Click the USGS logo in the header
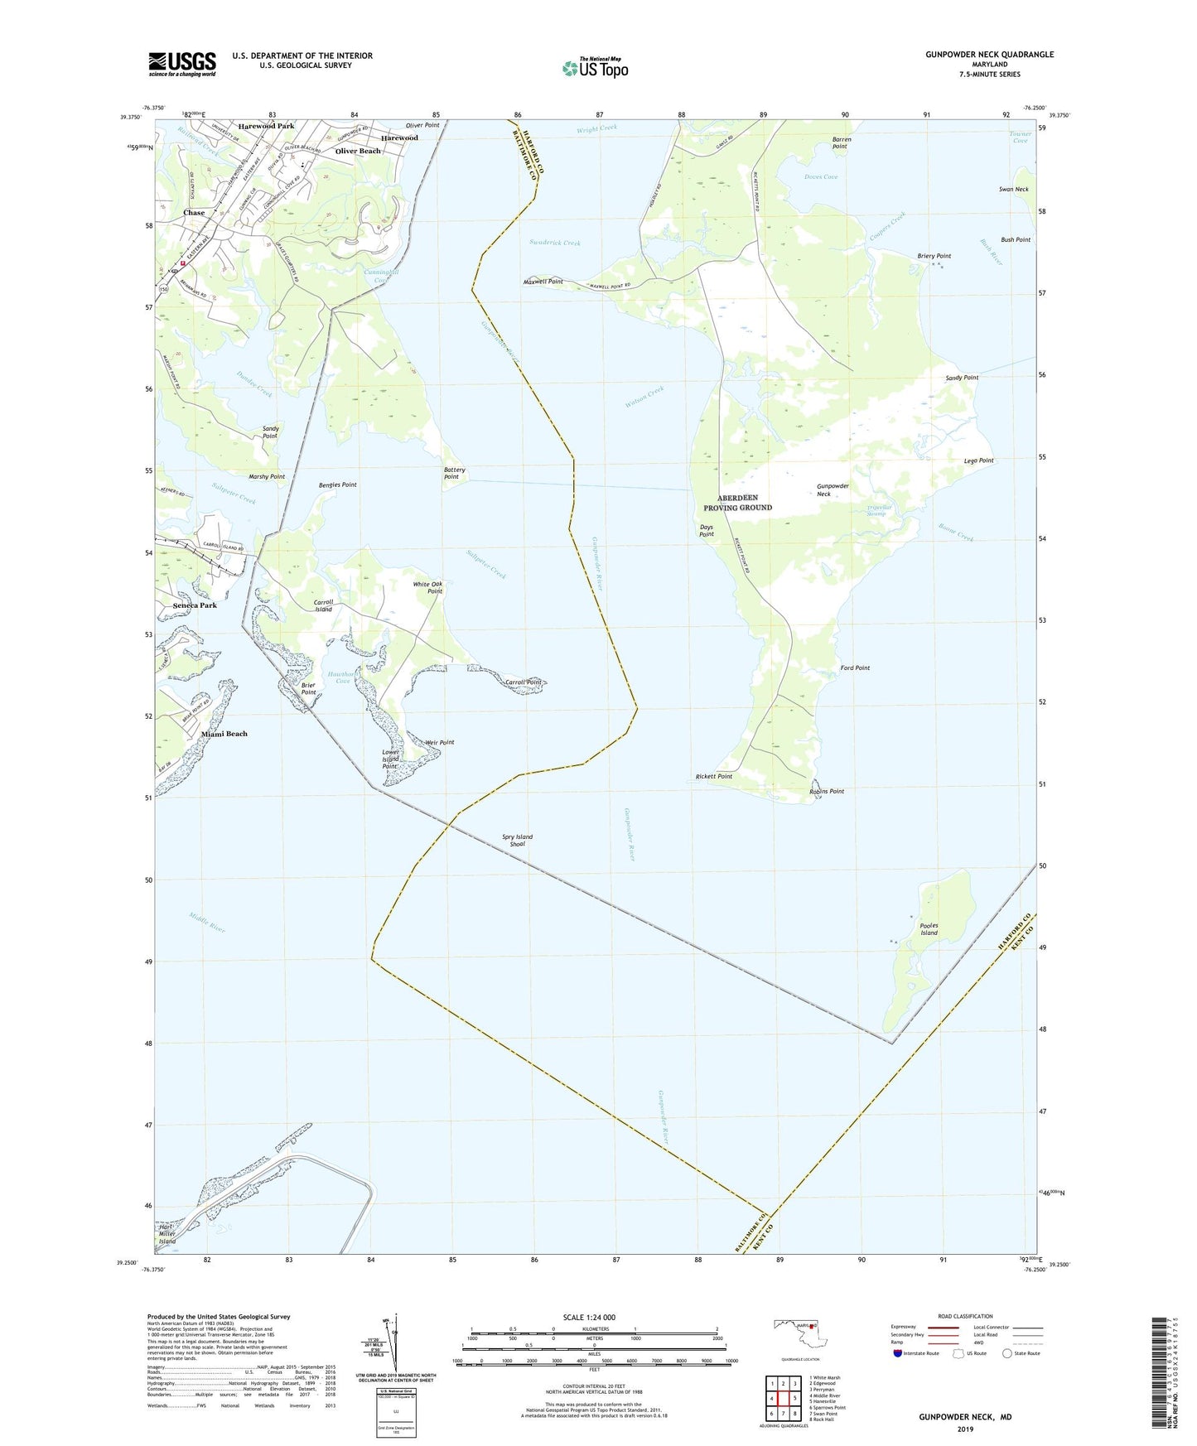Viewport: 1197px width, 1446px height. [x=182, y=64]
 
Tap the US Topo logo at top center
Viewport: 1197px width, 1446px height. [x=595, y=68]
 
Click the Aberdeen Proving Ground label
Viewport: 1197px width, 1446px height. [x=737, y=503]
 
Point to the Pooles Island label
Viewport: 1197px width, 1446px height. [x=929, y=929]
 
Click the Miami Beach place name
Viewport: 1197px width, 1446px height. [x=224, y=734]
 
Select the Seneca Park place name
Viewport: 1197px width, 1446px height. [x=195, y=605]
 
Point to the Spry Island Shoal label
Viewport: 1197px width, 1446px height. [x=517, y=840]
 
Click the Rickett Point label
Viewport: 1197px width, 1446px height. [x=713, y=776]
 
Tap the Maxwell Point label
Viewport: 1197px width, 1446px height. [x=543, y=282]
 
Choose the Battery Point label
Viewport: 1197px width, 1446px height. [x=454, y=473]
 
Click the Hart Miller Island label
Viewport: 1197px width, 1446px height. [x=167, y=1234]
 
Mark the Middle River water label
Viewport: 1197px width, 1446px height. [x=206, y=923]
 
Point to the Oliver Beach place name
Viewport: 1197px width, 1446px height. [x=358, y=151]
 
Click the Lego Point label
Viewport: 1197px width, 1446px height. [x=978, y=460]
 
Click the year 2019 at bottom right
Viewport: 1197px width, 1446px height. [x=965, y=1429]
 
